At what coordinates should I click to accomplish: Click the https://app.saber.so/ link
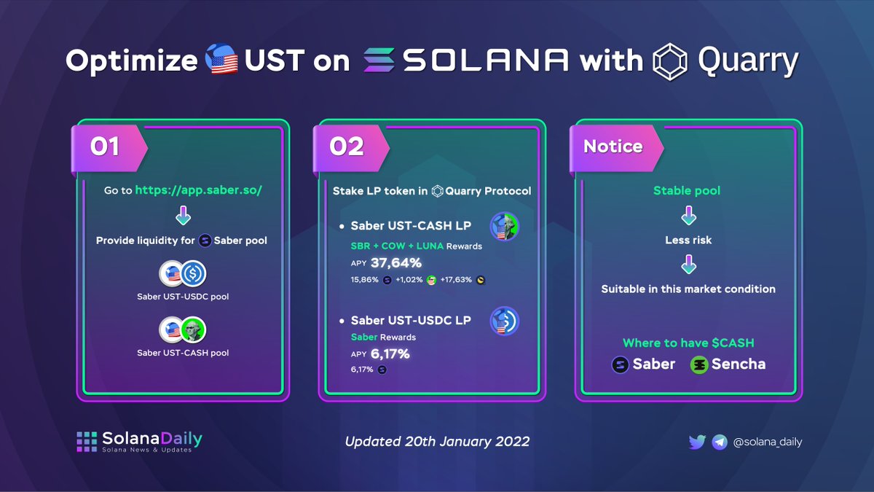[x=199, y=190]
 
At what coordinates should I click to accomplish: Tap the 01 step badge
[x=105, y=147]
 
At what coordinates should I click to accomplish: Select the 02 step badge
[x=347, y=147]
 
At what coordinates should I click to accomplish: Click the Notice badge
[x=613, y=147]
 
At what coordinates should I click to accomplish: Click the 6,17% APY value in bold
[x=391, y=354]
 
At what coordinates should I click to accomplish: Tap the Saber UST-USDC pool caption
[x=183, y=297]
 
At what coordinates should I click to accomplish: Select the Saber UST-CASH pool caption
[x=183, y=353]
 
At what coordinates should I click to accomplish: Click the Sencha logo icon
[x=699, y=364]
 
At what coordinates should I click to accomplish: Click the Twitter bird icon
[x=697, y=442]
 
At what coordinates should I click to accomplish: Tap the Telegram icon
[x=720, y=442]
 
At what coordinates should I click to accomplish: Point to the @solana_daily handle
[x=768, y=442]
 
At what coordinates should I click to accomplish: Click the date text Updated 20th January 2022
[x=437, y=442]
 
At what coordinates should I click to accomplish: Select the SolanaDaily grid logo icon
[x=87, y=442]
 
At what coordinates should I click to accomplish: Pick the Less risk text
[x=688, y=240]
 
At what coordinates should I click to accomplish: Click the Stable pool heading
[x=687, y=191]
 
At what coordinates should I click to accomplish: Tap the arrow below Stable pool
[x=687, y=216]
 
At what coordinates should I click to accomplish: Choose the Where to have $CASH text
[x=688, y=343]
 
